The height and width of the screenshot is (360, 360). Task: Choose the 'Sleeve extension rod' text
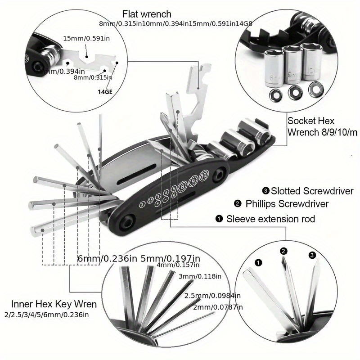(270, 219)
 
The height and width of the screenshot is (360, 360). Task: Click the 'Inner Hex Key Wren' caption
(54, 304)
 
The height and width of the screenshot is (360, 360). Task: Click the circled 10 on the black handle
(205, 174)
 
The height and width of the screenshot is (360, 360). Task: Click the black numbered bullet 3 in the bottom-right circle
(312, 255)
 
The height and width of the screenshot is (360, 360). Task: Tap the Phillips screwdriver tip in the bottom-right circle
(284, 261)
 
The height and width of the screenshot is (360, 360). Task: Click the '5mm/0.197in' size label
(171, 259)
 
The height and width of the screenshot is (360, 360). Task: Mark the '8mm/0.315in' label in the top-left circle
(93, 77)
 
